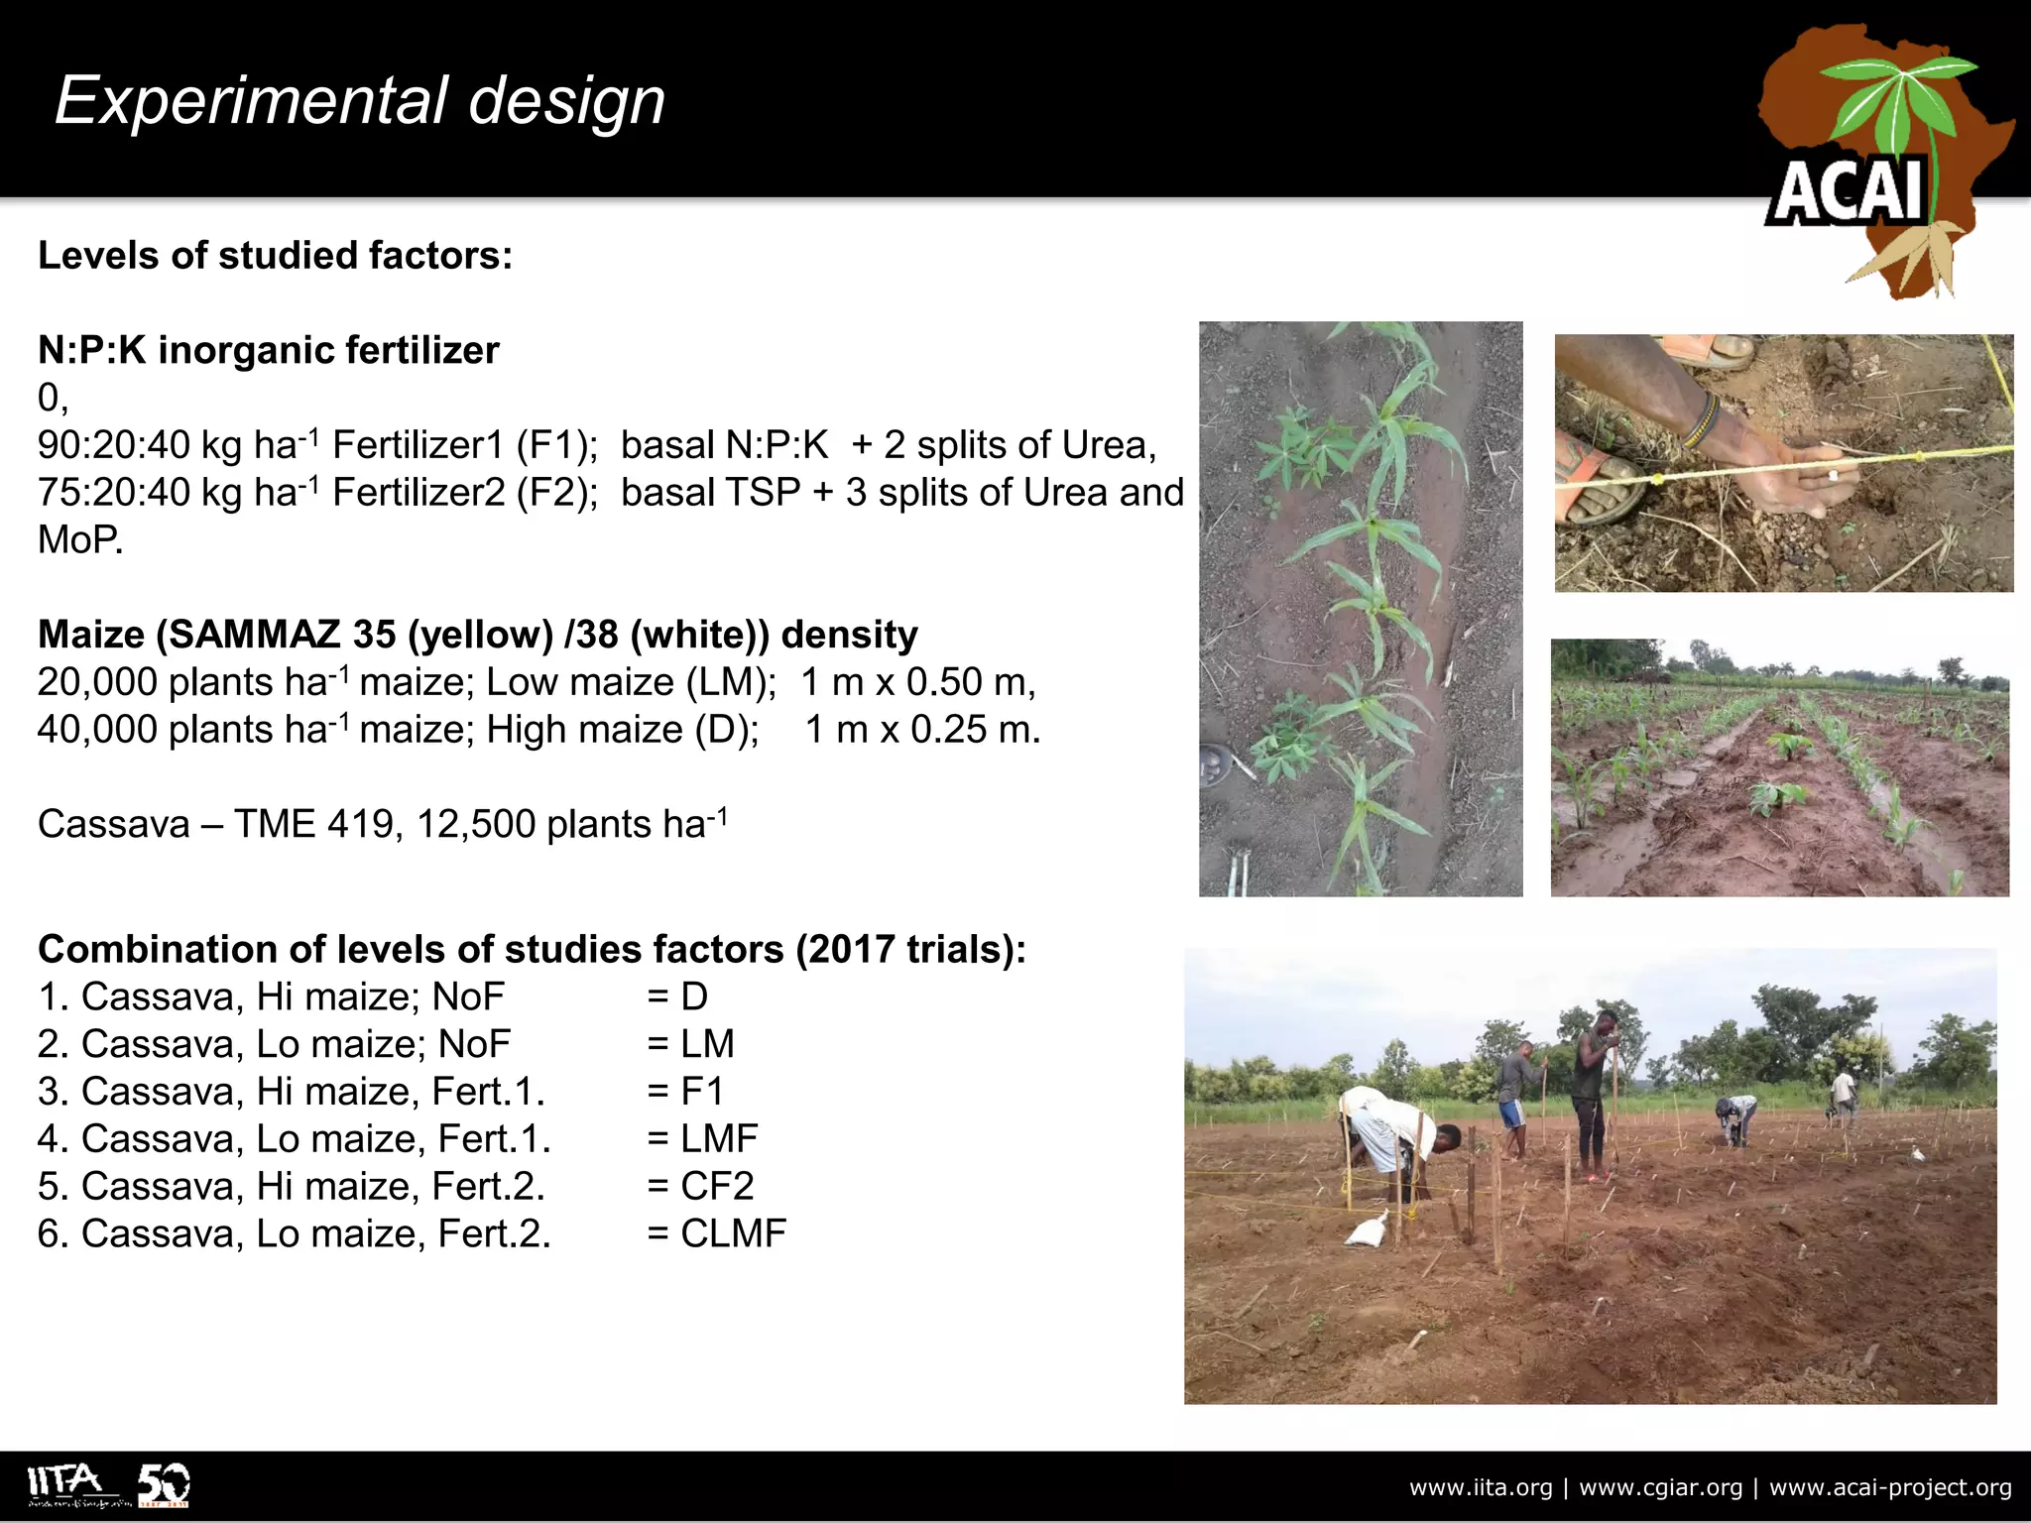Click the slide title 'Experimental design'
point(359,101)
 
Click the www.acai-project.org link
point(1890,1487)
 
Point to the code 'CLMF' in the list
point(733,1233)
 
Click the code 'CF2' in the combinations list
point(717,1186)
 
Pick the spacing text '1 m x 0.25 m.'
point(922,730)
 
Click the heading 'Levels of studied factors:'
point(275,256)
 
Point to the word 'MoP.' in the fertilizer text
point(79,540)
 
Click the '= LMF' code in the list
point(703,1138)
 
